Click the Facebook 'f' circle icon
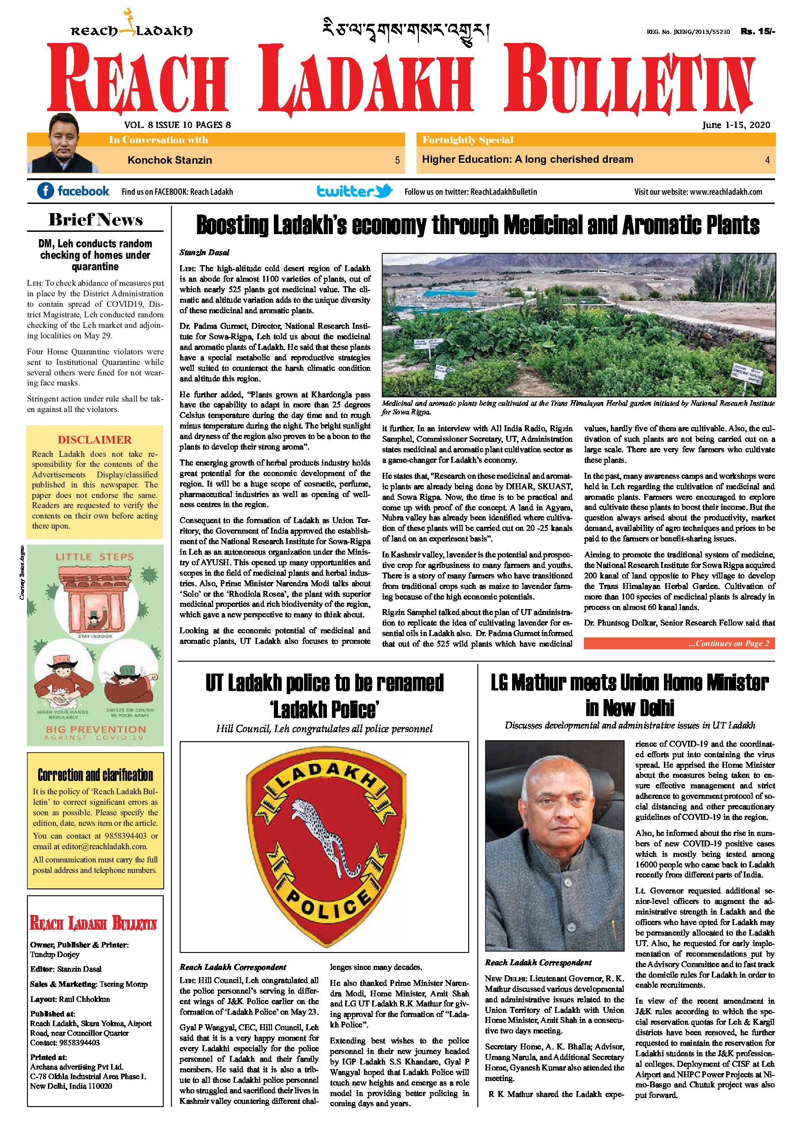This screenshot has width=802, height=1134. click(x=45, y=191)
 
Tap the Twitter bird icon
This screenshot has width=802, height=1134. click(x=383, y=191)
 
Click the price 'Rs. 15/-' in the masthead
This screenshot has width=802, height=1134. click(x=758, y=32)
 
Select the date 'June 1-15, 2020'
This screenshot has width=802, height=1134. click(x=736, y=125)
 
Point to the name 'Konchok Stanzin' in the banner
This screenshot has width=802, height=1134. click(x=169, y=160)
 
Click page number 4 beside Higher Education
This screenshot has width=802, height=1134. click(x=767, y=160)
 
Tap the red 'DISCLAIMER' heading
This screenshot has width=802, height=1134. click(x=95, y=439)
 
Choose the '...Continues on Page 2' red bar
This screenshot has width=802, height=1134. click(x=679, y=643)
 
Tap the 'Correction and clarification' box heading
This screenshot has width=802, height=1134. click(x=95, y=775)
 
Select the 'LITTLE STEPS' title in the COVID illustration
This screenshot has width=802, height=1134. click(x=94, y=556)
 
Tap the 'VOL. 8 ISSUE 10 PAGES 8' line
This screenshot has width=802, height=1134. click(x=177, y=125)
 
